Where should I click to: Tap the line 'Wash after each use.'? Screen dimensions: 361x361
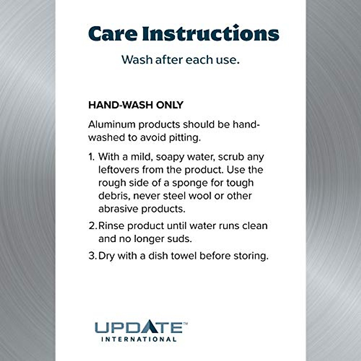tap(180, 60)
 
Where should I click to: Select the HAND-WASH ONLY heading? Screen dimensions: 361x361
tap(136, 105)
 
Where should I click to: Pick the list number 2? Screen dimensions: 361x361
tap(93, 226)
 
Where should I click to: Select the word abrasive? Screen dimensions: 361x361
tap(118, 209)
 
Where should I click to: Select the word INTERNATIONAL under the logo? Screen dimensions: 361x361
tap(139, 339)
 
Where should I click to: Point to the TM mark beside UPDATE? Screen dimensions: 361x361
tap(185, 323)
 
